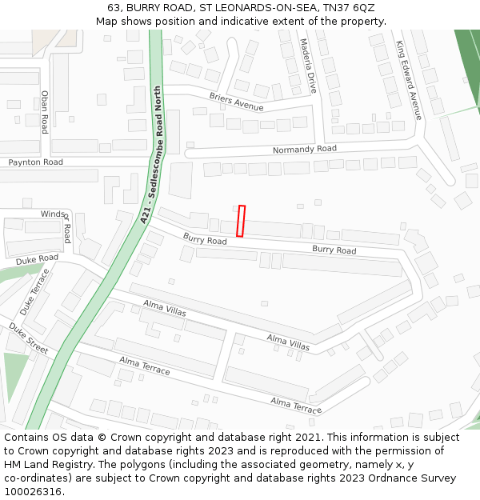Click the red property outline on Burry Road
click(241, 221)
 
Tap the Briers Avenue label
click(236, 102)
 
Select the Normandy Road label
click(305, 150)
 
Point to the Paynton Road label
click(35, 162)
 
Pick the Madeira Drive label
click(309, 66)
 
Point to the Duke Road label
click(38, 259)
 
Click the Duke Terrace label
click(34, 291)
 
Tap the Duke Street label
click(29, 338)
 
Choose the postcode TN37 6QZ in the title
click(349, 8)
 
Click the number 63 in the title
click(114, 8)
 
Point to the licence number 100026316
click(34, 492)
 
